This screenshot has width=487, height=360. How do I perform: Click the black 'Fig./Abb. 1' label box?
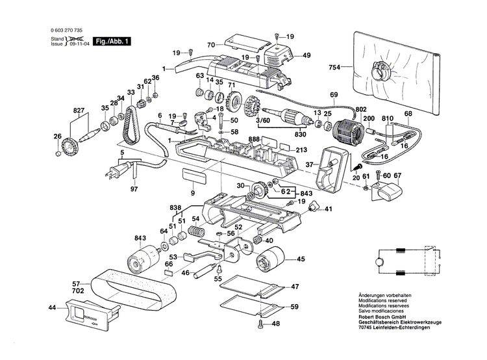112,41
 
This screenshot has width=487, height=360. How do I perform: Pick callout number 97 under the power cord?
134,188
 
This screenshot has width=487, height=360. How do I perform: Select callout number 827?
79,112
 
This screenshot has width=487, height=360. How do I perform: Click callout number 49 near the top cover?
306,55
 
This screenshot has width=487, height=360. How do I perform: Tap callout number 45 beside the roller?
301,259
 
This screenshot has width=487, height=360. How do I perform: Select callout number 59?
294,307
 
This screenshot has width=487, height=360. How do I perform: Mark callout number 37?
310,164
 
